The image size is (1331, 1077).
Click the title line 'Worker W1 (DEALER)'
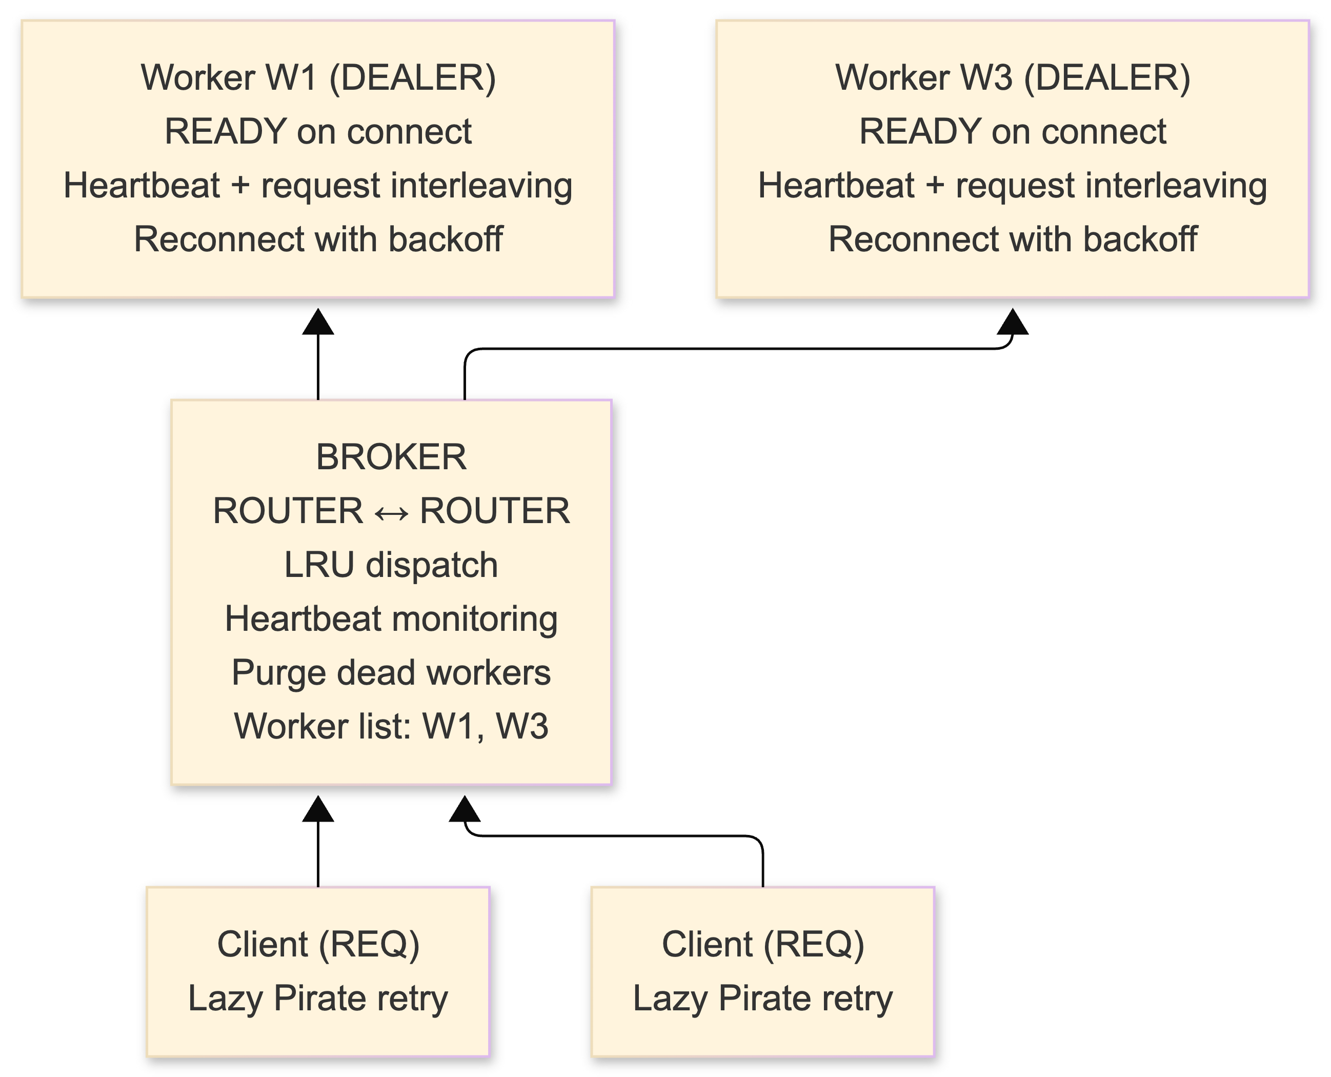click(x=318, y=77)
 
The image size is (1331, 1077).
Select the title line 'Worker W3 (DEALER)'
click(x=1012, y=77)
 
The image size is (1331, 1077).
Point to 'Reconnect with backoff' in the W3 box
click(x=1012, y=240)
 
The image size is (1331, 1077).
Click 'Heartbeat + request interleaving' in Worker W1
click(x=318, y=186)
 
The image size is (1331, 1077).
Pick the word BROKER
click(x=391, y=457)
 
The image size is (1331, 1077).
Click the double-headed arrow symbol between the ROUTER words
click(x=391, y=512)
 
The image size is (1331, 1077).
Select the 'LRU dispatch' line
click(x=391, y=565)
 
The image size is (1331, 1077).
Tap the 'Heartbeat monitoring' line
click(x=391, y=619)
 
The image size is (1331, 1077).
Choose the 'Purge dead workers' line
click(x=391, y=672)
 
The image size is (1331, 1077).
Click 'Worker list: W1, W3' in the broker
click(x=391, y=727)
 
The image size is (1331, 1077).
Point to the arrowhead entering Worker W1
click(x=318, y=323)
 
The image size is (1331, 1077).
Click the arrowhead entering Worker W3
click(x=1012, y=323)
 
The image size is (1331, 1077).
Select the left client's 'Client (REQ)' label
click(x=318, y=944)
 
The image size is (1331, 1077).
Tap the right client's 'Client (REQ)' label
click(x=763, y=944)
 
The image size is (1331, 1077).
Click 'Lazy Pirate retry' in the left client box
click(x=318, y=998)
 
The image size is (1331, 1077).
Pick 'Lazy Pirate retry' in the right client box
click(x=763, y=998)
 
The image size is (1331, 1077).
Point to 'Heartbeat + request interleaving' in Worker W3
click(x=1012, y=186)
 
